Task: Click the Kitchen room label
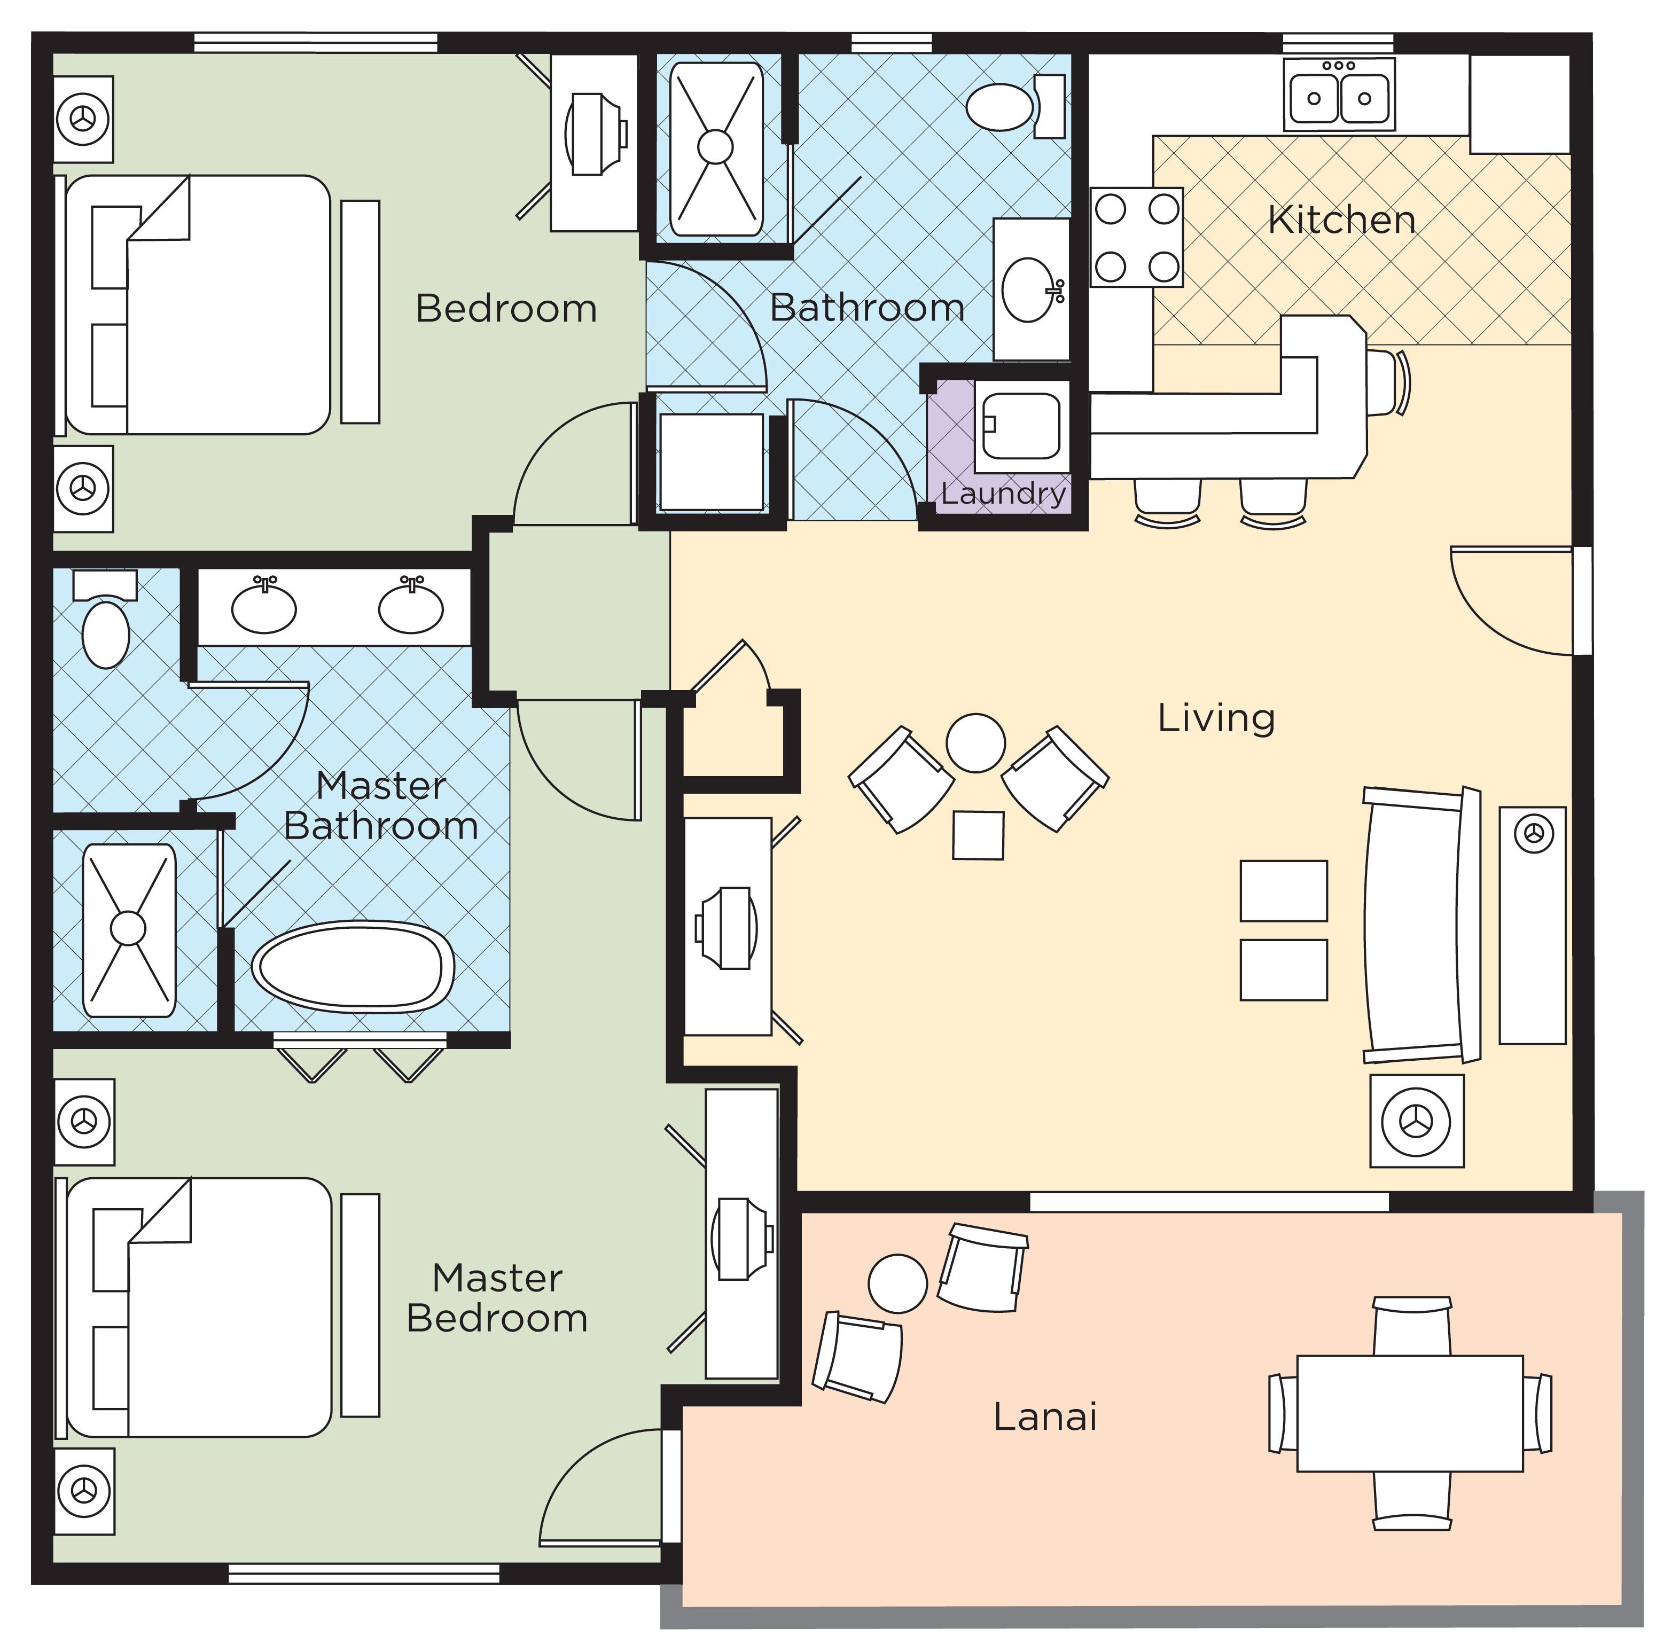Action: (x=1341, y=220)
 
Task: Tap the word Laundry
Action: (x=1003, y=494)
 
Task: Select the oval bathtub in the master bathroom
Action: (x=352, y=967)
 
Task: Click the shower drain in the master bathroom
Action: (x=129, y=928)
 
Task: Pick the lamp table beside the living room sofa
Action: (x=1416, y=1120)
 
